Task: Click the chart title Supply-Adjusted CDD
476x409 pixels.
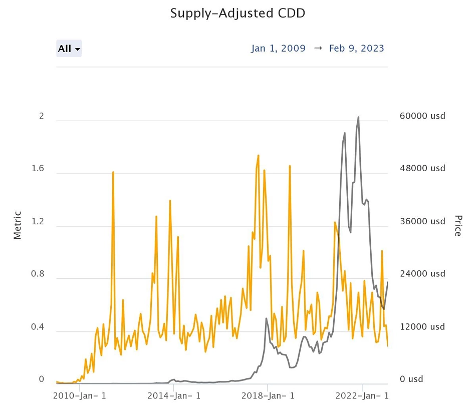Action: click(x=237, y=13)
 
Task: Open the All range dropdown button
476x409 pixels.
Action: click(x=69, y=49)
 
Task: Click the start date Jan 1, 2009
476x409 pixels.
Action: click(x=278, y=49)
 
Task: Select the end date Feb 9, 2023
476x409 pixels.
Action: click(x=356, y=49)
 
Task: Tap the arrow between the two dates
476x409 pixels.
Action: click(x=318, y=49)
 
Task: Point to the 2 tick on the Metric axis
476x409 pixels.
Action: click(x=42, y=116)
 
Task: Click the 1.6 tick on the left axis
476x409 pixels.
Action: click(x=38, y=169)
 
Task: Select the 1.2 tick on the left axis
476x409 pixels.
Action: click(x=38, y=221)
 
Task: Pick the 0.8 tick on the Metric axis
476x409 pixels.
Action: click(x=38, y=274)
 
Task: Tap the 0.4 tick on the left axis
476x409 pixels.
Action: click(x=38, y=327)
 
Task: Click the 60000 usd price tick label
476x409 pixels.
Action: click(x=422, y=116)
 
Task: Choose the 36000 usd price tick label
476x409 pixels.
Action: click(x=422, y=221)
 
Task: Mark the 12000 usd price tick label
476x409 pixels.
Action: click(x=422, y=327)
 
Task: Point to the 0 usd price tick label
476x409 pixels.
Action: click(x=411, y=379)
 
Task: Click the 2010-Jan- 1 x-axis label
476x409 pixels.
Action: click(x=80, y=396)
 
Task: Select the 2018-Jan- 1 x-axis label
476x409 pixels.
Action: click(x=268, y=396)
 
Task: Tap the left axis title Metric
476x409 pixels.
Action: click(x=18, y=225)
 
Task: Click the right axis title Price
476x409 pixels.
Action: click(x=457, y=225)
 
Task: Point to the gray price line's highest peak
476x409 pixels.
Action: click(x=358, y=117)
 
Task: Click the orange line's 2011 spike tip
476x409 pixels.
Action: click(x=113, y=172)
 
